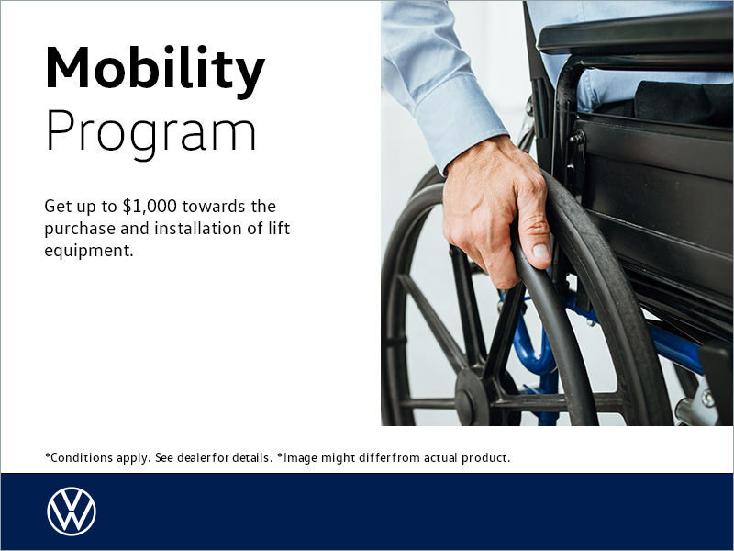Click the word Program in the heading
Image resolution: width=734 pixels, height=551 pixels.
pos(150,133)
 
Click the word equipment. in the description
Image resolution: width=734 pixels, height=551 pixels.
pos(89,250)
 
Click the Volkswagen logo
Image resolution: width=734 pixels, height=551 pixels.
pos(71,512)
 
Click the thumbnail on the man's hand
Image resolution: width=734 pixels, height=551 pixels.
pos(541,250)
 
